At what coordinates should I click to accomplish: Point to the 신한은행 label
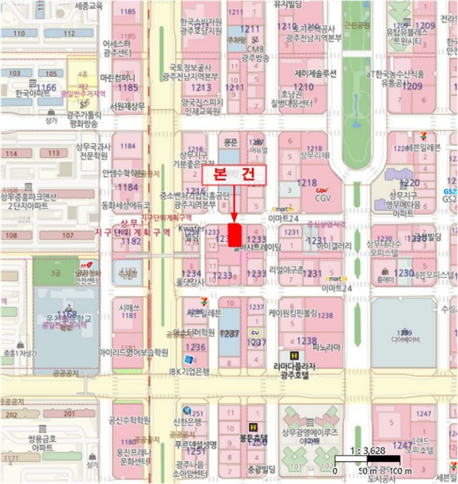188,422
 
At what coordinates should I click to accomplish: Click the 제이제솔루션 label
315,73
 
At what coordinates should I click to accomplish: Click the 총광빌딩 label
257,468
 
